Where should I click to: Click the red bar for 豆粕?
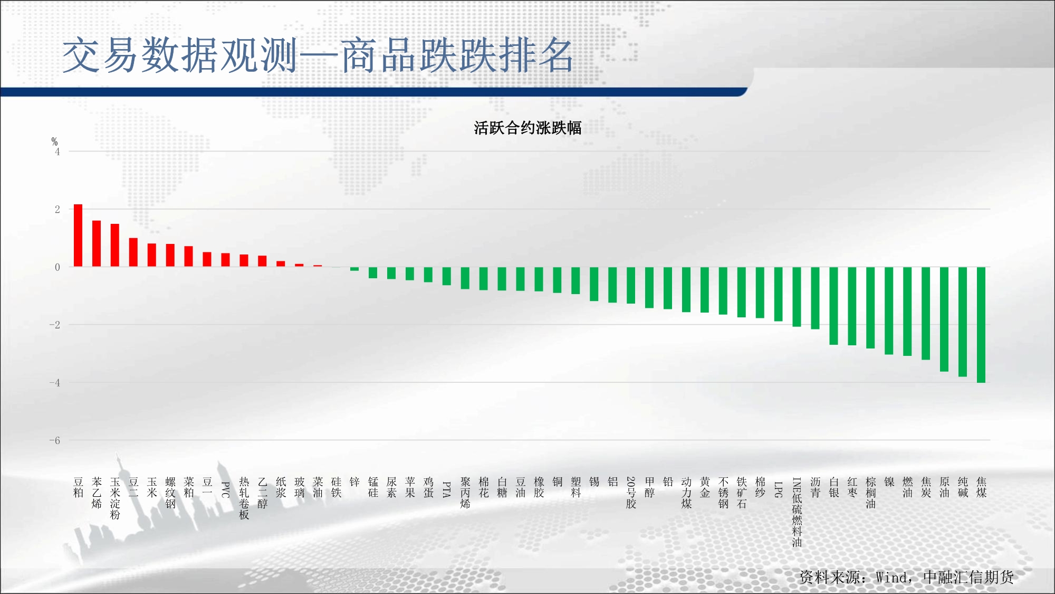(x=78, y=235)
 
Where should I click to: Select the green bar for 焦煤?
(x=981, y=325)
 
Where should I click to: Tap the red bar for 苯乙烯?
(x=97, y=243)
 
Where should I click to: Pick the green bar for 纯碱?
(x=963, y=322)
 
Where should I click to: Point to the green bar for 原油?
(x=944, y=319)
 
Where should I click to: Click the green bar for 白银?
(x=833, y=306)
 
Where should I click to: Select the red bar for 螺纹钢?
(x=170, y=255)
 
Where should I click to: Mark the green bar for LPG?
(x=778, y=294)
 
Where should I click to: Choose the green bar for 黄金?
(x=705, y=290)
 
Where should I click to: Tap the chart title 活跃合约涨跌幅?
(x=527, y=128)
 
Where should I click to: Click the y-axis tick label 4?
(x=57, y=152)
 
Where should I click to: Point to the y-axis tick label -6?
(x=55, y=440)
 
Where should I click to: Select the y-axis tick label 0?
(x=57, y=267)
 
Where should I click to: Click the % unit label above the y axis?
(x=54, y=142)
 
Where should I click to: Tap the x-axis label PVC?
(x=225, y=489)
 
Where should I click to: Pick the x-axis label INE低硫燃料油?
(x=797, y=512)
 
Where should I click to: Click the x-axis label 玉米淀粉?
(x=115, y=498)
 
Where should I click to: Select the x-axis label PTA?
(x=446, y=489)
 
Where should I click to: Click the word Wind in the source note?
(x=891, y=577)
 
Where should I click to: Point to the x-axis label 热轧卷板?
(x=244, y=498)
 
